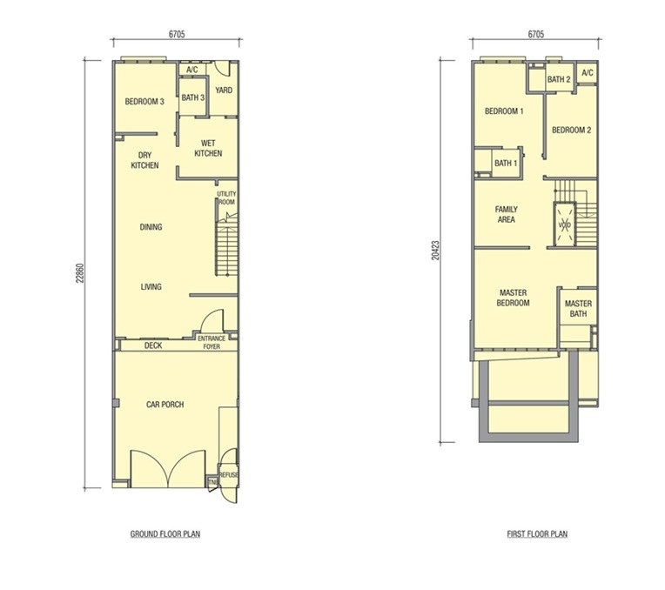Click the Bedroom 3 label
pyautogui.click(x=144, y=101)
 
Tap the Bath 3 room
pyautogui.click(x=193, y=97)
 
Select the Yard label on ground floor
pyautogui.click(x=224, y=90)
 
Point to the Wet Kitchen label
pyautogui.click(x=208, y=148)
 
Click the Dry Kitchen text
pyautogui.click(x=144, y=160)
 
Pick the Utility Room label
pyautogui.click(x=226, y=198)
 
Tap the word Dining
pyautogui.click(x=151, y=227)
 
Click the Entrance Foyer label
pyautogui.click(x=212, y=342)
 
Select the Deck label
pyautogui.click(x=153, y=345)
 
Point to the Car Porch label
pyautogui.click(x=165, y=405)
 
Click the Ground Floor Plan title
pyautogui.click(x=165, y=533)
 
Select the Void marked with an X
pyautogui.click(x=565, y=225)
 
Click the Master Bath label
pyautogui.click(x=578, y=308)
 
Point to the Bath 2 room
pyautogui.click(x=560, y=79)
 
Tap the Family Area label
pyautogui.click(x=506, y=214)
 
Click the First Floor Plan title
pyautogui.click(x=537, y=533)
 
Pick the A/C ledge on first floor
pyautogui.click(x=588, y=73)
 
